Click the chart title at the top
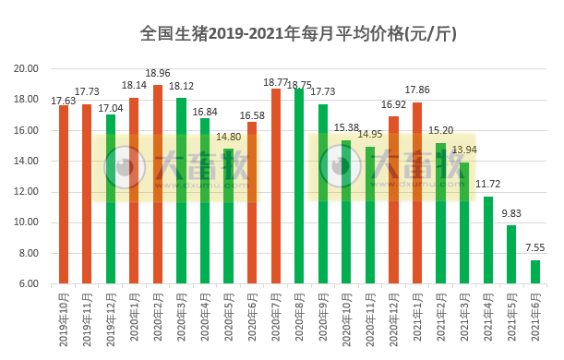pos(298,34)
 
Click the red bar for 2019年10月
pos(64,194)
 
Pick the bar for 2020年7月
pos(276,186)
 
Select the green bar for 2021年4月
pos(488,240)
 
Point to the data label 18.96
pos(158,73)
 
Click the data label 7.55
pos(536,248)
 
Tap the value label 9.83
pos(512,213)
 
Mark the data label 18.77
pos(275,82)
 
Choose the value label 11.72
pos(488,185)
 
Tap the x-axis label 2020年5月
pos(229,318)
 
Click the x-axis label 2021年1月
pos(418,318)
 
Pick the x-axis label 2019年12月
pos(112,318)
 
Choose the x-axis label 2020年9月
pos(323,318)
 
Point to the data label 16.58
pos(252,114)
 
